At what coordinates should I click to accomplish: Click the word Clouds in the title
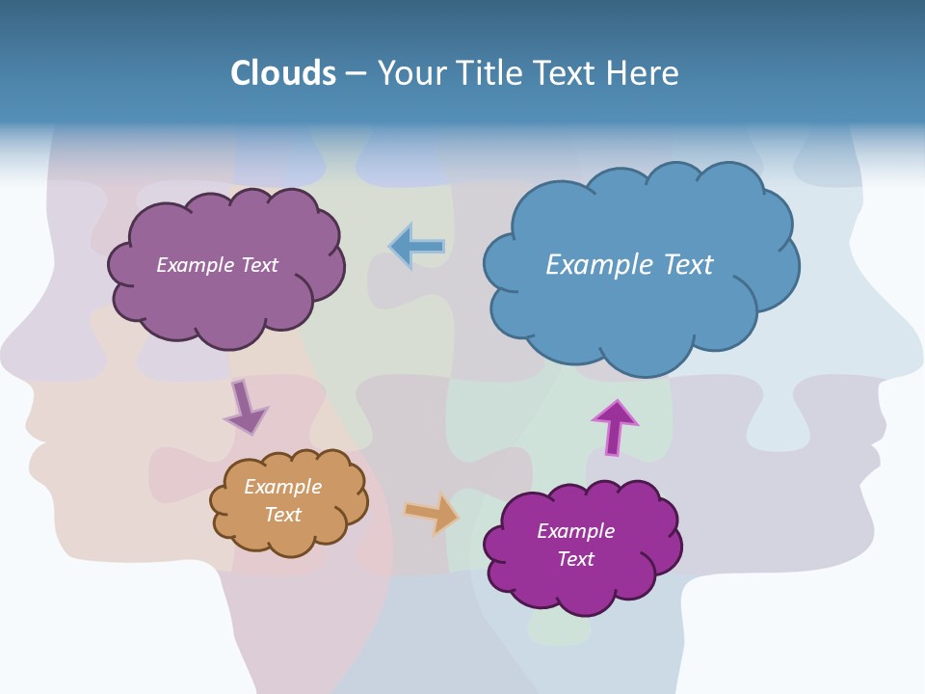[x=282, y=73]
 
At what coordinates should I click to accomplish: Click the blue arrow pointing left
[x=416, y=246]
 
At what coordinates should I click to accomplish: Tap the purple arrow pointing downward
[x=245, y=408]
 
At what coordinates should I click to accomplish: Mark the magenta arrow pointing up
[x=615, y=427]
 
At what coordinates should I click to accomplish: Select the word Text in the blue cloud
[x=688, y=265]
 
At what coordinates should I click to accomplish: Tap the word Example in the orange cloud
[x=282, y=487]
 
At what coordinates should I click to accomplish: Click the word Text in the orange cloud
[x=282, y=515]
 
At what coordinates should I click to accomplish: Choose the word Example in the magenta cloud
[x=575, y=531]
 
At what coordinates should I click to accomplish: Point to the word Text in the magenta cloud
[x=575, y=559]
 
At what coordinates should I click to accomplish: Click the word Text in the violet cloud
[x=257, y=265]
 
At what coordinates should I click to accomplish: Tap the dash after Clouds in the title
[x=356, y=74]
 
